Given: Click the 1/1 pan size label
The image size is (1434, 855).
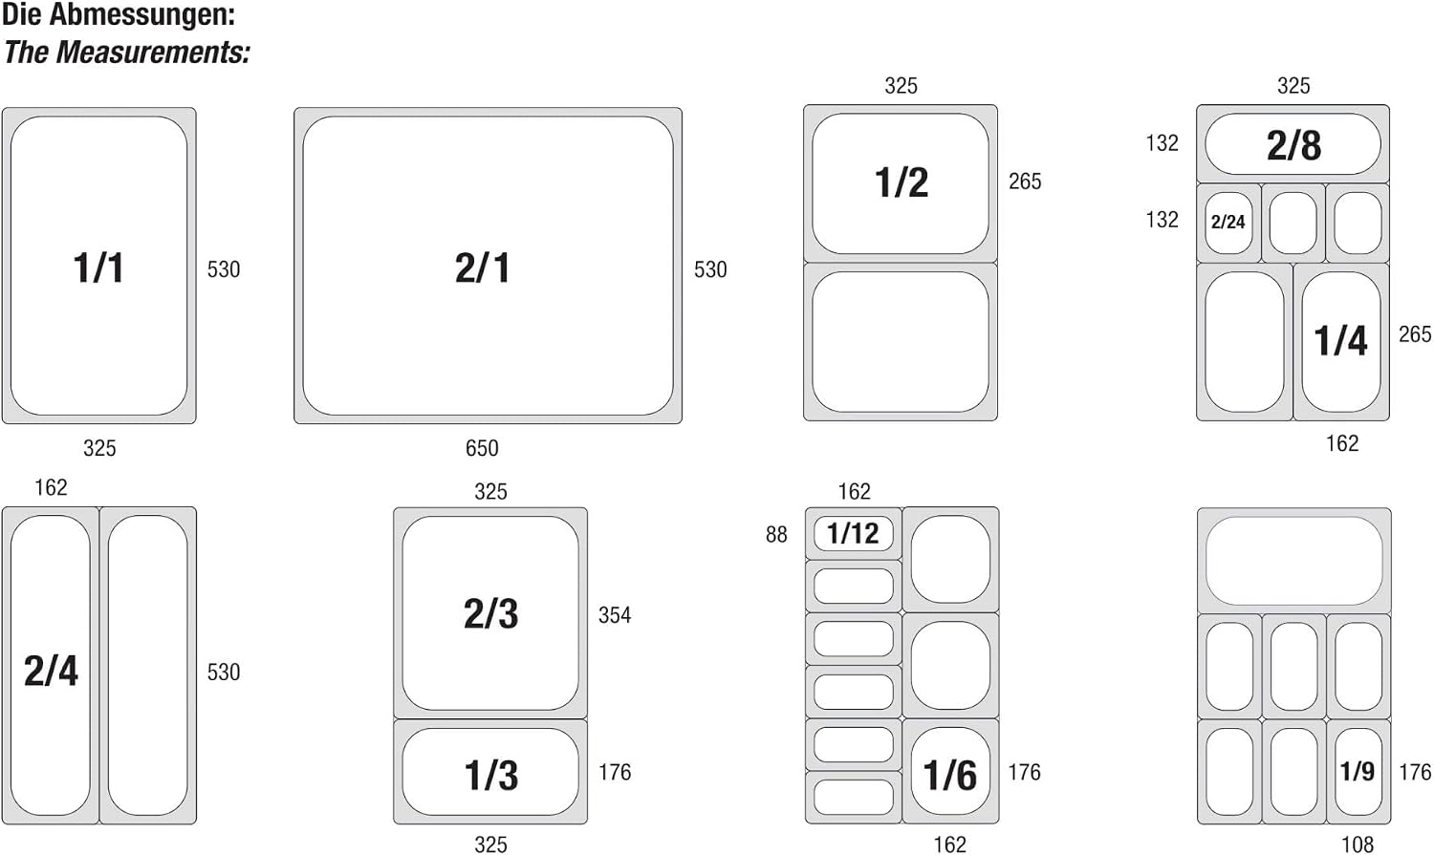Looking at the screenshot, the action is coord(98,267).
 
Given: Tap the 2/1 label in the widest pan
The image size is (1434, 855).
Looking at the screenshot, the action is coord(483,267).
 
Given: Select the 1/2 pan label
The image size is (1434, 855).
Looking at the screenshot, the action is coord(902,182).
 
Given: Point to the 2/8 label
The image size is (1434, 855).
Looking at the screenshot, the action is coord(1293,145).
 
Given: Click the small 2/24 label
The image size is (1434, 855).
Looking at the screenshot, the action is coord(1228,222).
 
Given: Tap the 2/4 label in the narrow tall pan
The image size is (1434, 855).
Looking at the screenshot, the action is coord(51,671).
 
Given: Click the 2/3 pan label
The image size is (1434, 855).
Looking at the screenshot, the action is coord(491,614).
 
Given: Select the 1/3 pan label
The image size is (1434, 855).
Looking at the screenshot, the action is coord(491,775).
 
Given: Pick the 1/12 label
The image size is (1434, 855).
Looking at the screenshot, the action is coord(853,533).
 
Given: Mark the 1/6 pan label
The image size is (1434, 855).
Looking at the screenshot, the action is coord(950,775).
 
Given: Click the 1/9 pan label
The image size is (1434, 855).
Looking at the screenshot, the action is coord(1358,771).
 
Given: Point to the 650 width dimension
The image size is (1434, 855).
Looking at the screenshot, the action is coord(482,448).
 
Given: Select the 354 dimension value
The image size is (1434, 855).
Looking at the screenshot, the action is coord(615,615).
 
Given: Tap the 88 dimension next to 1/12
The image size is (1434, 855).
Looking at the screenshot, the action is coord(776,535).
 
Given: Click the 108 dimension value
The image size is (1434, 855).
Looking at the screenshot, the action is coord(1358,844).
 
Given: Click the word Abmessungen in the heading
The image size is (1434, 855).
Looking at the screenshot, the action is coord(142,15).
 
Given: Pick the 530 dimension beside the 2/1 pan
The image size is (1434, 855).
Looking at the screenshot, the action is coord(710,269).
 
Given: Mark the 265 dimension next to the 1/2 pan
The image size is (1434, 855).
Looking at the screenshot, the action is coord(1025,182).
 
